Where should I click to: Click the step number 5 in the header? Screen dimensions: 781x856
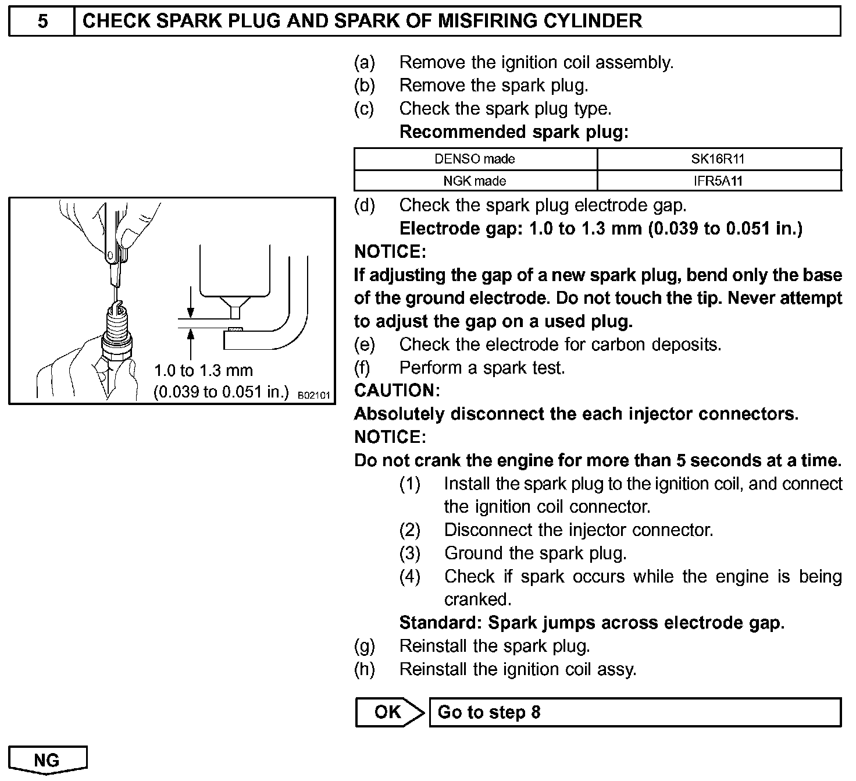pyautogui.click(x=42, y=22)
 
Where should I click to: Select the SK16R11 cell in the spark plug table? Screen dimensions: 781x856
pyautogui.click(x=719, y=159)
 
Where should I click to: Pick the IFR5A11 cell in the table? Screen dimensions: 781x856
pyautogui.click(x=719, y=181)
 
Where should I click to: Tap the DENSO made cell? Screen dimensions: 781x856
pyautogui.click(x=475, y=159)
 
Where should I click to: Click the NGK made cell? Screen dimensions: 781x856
pyautogui.click(x=475, y=181)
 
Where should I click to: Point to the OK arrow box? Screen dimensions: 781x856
pyautogui.click(x=390, y=712)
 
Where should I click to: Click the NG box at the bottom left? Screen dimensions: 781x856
pyautogui.click(x=47, y=760)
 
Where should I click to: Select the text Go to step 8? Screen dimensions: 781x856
pyautogui.click(x=488, y=712)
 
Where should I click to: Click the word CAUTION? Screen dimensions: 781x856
pyautogui.click(x=397, y=390)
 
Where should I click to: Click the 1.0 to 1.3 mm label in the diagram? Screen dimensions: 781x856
pyautogui.click(x=203, y=370)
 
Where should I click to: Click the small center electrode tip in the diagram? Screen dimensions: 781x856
pyautogui.click(x=235, y=313)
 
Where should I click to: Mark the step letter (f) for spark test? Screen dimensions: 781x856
pyautogui.click(x=362, y=368)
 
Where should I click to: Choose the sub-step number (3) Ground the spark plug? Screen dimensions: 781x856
pyautogui.click(x=409, y=553)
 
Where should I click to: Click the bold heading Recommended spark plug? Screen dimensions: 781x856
pyautogui.click(x=514, y=132)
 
